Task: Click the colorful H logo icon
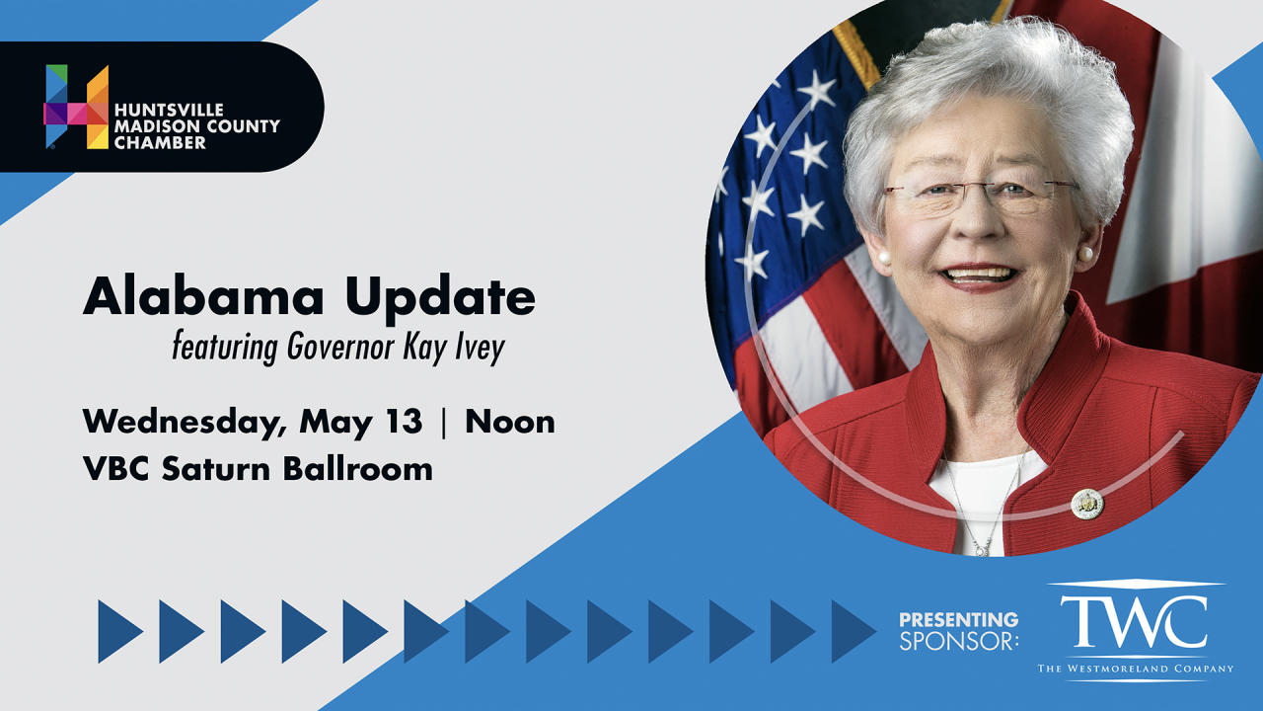coord(76,107)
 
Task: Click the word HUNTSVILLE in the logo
coord(169,110)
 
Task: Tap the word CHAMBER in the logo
coord(160,143)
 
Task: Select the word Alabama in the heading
coord(203,296)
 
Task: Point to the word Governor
coord(340,347)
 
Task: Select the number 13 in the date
coord(404,421)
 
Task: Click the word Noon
coord(510,422)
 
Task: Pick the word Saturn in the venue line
coord(216,469)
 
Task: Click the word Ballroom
coord(358,468)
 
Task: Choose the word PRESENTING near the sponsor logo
coord(958,619)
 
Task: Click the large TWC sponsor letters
coord(1134,622)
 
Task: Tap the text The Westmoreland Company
coord(1136,669)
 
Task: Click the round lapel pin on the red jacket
coord(1087,504)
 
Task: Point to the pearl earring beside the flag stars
coord(884,258)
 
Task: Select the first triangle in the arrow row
coord(120,631)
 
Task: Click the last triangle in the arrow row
coord(854,631)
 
